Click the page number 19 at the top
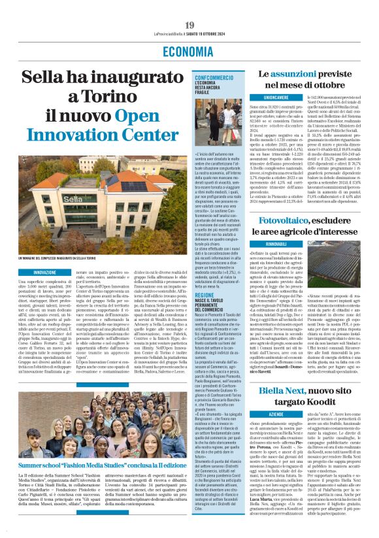click(189, 25)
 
